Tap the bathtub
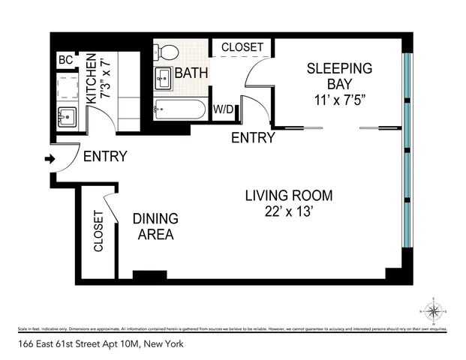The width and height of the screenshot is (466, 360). [179, 109]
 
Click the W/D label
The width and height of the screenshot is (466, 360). [224, 109]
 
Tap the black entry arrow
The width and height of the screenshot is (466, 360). [50, 159]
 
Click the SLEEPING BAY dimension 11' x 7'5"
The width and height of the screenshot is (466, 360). [339, 100]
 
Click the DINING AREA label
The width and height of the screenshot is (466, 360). [155, 226]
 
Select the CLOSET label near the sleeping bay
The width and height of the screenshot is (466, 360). [242, 47]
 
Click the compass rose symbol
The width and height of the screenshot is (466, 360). [434, 309]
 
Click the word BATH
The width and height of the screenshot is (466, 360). [191, 73]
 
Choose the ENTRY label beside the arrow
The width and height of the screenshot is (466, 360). [104, 157]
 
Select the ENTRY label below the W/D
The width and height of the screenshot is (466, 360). [253, 138]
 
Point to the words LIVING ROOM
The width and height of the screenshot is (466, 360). [289, 196]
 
